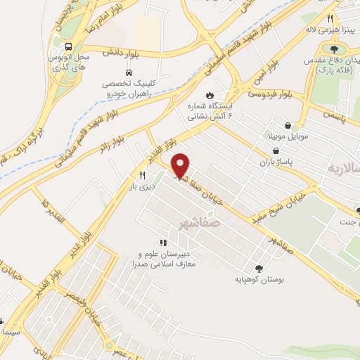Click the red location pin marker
coord(181,165)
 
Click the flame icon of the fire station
coord(209,94)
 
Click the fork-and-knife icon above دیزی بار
coord(143,175)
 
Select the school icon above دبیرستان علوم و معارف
coord(163,243)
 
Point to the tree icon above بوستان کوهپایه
coord(259,268)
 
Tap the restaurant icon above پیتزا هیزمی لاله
coord(328,19)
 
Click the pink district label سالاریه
coord(343,169)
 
